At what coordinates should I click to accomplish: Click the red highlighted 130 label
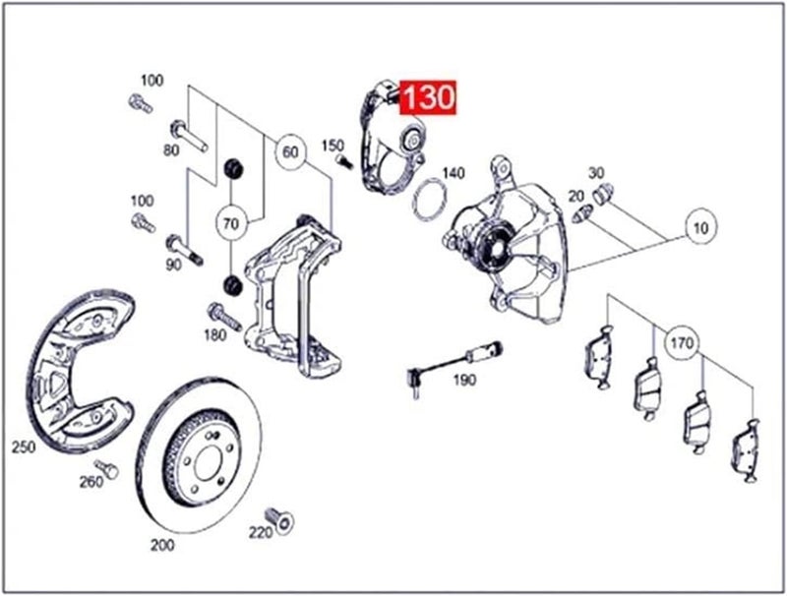[427, 98]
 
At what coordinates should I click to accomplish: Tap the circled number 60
[289, 153]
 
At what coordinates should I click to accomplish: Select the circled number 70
[231, 224]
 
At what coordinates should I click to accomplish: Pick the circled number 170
[682, 344]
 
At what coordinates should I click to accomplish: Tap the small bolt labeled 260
[101, 467]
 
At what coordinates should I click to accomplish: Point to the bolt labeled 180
[223, 316]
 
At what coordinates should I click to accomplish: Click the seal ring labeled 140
[426, 201]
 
